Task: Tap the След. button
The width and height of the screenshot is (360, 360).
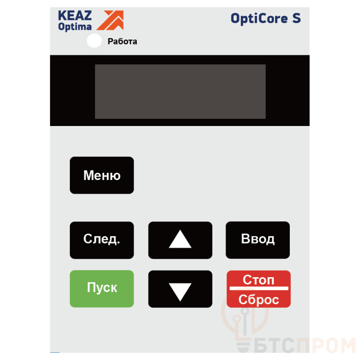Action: pyautogui.click(x=102, y=240)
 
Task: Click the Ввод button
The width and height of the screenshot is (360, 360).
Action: pyautogui.click(x=257, y=240)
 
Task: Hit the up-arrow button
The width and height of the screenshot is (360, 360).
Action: pyautogui.click(x=180, y=240)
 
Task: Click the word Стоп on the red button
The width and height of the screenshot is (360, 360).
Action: pyautogui.click(x=258, y=279)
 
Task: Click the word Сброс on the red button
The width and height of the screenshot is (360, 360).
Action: pyautogui.click(x=258, y=300)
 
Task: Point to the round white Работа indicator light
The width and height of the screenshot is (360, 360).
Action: pyautogui.click(x=94, y=40)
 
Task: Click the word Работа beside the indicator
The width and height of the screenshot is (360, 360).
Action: pyautogui.click(x=122, y=41)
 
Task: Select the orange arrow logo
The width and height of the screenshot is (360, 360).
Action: pyautogui.click(x=110, y=20)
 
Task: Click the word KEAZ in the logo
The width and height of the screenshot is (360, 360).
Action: pyautogui.click(x=75, y=16)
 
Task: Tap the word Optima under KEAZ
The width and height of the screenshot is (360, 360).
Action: pyautogui.click(x=75, y=27)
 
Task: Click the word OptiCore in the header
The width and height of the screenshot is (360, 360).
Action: pyautogui.click(x=259, y=18)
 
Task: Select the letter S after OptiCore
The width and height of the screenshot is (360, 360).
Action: pyautogui.click(x=297, y=18)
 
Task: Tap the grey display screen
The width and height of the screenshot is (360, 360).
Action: pyautogui.click(x=180, y=91)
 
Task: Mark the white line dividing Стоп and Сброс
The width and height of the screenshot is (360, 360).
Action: pyautogui.click(x=259, y=288)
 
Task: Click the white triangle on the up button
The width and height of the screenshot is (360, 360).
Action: pyautogui.click(x=180, y=239)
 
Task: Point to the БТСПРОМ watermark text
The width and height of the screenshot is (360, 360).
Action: pyautogui.click(x=305, y=345)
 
